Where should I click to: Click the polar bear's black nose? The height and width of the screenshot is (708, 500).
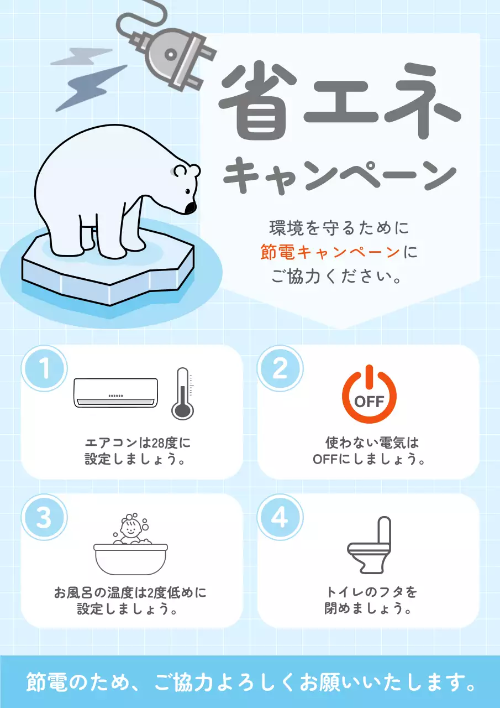190,207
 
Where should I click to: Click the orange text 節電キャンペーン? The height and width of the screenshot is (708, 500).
330,253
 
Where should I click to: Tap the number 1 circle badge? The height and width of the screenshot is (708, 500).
44,368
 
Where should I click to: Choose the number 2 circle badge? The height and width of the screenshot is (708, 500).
280,368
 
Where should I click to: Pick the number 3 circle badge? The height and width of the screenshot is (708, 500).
44,518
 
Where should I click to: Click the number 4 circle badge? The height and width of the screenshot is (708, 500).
280,518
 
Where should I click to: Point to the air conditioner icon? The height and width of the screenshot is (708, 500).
116,393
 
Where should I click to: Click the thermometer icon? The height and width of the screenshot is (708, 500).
182,393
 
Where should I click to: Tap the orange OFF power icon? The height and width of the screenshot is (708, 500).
369,394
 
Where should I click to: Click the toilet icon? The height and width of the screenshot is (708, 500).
369,545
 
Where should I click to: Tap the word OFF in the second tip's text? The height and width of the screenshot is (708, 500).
323,460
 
